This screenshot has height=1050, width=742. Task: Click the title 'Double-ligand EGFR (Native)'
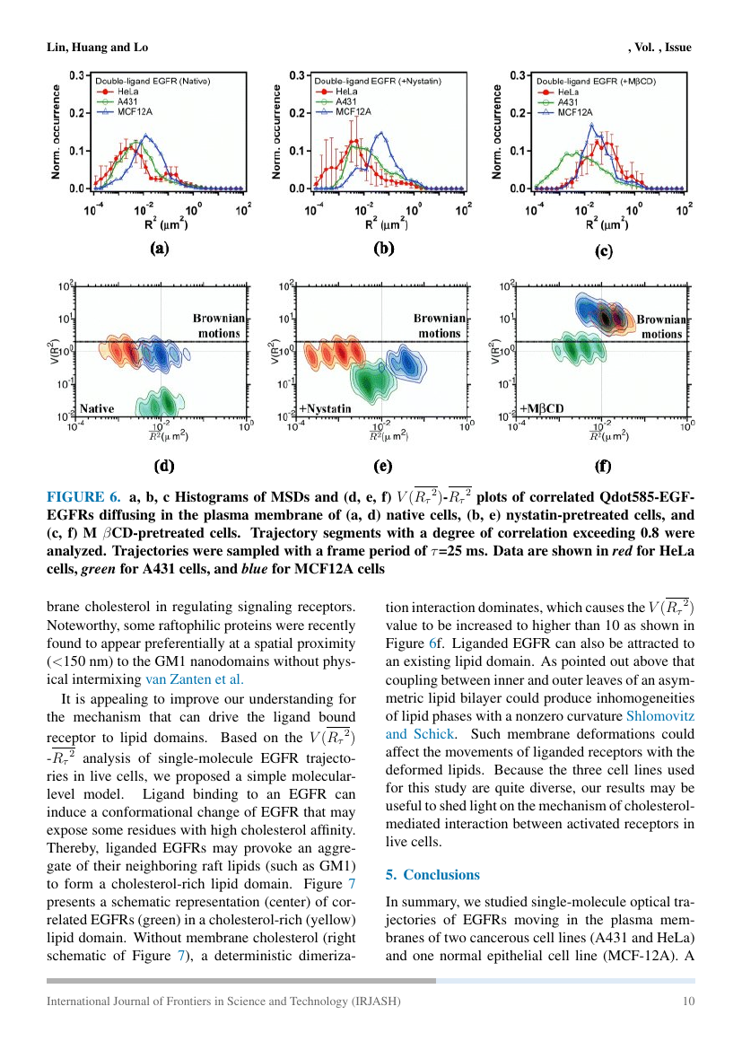click(x=153, y=81)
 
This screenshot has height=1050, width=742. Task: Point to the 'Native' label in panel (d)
click(x=97, y=407)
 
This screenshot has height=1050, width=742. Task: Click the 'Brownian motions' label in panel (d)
click(x=216, y=326)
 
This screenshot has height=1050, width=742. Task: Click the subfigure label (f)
click(x=603, y=466)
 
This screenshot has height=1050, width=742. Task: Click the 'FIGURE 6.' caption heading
click(x=83, y=498)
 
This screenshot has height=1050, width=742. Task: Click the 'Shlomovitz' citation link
click(x=659, y=715)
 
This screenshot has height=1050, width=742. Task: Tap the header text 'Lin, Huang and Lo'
click(x=97, y=47)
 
